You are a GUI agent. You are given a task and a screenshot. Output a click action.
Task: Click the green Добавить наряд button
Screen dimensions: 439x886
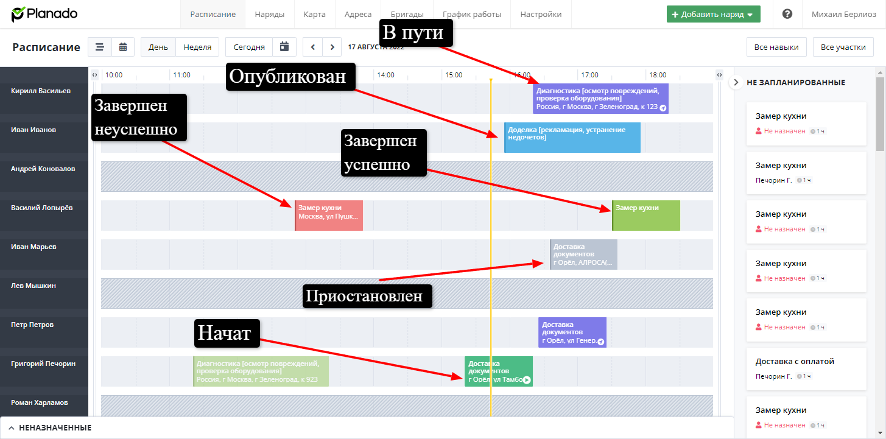coord(713,14)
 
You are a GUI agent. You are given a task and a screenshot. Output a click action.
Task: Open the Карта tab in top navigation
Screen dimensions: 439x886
coord(314,14)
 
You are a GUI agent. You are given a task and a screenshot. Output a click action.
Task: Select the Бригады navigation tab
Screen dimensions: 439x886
coord(407,14)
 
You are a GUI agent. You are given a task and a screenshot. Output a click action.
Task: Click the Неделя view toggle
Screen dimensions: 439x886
coord(197,47)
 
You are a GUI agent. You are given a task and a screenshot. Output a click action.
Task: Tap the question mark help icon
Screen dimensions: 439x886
coord(787,14)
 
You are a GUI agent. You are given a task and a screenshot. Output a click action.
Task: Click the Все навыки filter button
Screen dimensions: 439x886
coord(776,47)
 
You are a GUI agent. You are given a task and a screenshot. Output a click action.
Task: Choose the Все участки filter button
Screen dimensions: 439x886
coord(843,47)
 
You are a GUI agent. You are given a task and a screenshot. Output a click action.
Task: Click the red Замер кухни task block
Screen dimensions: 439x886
coord(329,216)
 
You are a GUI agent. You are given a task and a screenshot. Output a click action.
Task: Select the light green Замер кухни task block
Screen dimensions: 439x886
coord(646,216)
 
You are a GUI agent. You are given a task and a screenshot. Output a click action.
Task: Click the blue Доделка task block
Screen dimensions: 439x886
coord(572,138)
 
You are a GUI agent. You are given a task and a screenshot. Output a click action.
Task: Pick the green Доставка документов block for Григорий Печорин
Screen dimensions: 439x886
coord(498,371)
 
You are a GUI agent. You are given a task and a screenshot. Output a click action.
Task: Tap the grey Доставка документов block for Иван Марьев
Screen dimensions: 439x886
coord(583,255)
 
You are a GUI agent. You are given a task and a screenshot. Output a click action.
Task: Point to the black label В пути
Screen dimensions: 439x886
coord(416,32)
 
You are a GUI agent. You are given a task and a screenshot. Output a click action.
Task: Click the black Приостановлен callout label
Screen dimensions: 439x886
coord(367,297)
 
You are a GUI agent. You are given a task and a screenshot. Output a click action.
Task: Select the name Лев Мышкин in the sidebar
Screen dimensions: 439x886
coord(32,286)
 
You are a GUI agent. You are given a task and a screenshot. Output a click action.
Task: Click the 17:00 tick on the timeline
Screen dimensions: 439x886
coord(589,75)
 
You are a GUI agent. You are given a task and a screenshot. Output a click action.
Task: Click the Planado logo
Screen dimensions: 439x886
coord(44,14)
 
